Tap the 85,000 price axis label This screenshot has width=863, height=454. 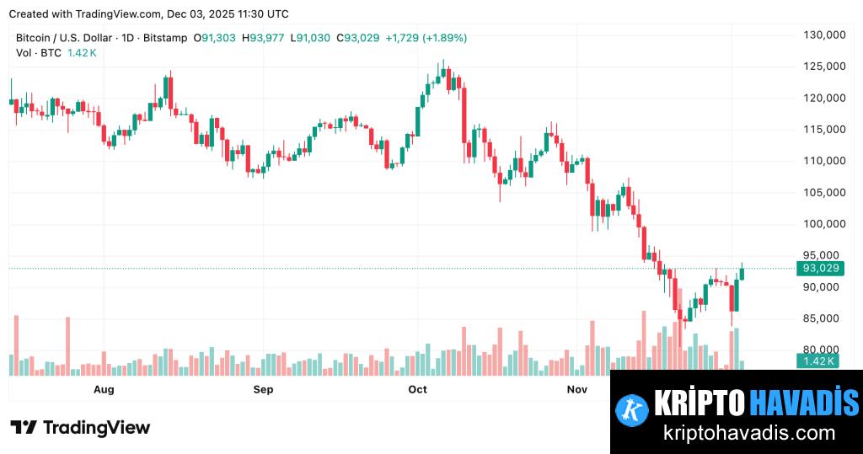pos(825,318)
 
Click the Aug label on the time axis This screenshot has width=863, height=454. pos(104,389)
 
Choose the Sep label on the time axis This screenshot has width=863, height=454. pos(264,389)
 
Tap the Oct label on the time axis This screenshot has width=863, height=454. pos(417,389)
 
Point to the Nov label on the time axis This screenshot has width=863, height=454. pos(576,389)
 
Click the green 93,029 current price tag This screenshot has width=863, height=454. pos(821,269)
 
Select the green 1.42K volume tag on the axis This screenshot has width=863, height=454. pos(817,361)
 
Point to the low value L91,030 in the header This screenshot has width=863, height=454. pos(312,38)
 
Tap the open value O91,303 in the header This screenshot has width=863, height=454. pos(216,38)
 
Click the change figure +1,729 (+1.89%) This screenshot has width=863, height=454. pos(426,38)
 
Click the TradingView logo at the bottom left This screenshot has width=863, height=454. pos(80,428)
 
